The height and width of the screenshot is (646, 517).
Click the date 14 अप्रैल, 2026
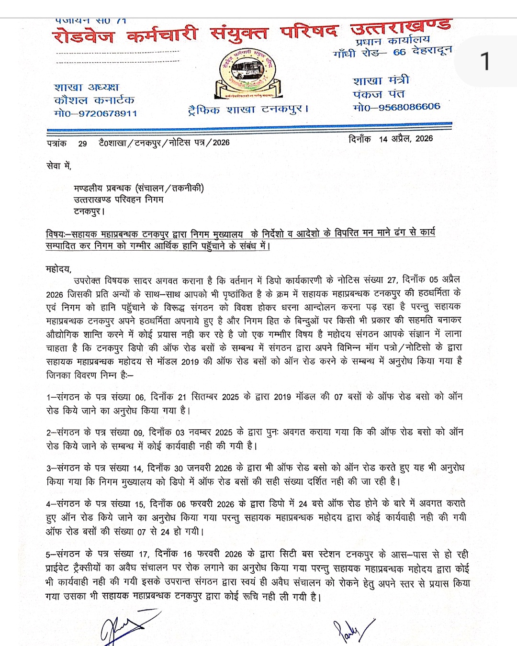click(x=405, y=139)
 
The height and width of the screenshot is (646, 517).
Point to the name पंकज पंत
click(x=379, y=94)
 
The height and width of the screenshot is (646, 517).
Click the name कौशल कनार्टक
click(x=94, y=100)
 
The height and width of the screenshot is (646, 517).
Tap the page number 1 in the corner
click(x=485, y=62)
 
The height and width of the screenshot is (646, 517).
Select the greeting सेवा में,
click(x=58, y=166)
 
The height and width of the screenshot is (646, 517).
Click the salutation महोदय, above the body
click(x=58, y=269)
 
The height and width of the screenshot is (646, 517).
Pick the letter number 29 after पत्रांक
click(x=82, y=144)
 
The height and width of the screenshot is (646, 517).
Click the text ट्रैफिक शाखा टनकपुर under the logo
click(x=248, y=110)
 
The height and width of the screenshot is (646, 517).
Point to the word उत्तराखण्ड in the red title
click(x=400, y=28)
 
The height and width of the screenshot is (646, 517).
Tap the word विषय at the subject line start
click(x=56, y=234)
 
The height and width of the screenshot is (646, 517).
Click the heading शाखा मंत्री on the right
click(x=381, y=80)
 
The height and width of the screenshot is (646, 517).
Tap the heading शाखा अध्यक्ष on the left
click(x=86, y=87)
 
